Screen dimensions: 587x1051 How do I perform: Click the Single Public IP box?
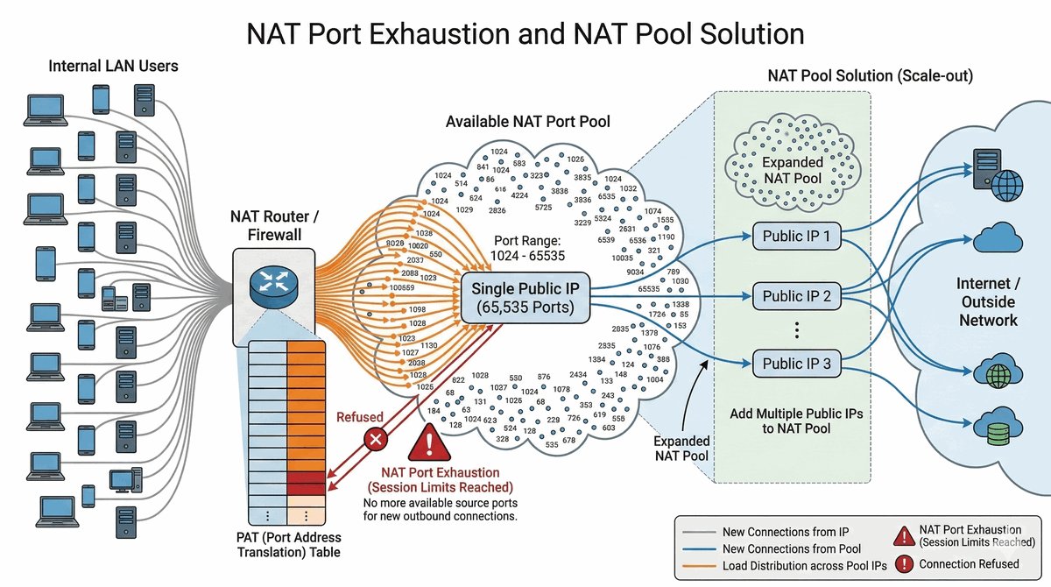pyautogui.click(x=525, y=298)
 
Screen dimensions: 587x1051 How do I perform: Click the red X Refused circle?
pyautogui.click(x=376, y=439)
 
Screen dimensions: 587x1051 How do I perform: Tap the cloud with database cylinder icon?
pyautogui.click(x=997, y=425)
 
